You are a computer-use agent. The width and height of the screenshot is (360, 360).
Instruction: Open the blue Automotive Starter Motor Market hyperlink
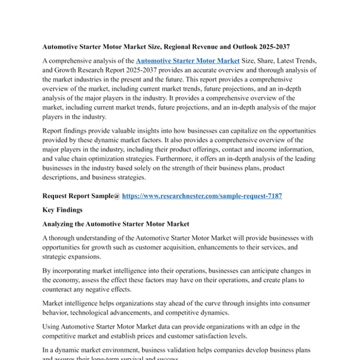188,61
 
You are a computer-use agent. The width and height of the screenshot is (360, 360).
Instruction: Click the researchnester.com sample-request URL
202,196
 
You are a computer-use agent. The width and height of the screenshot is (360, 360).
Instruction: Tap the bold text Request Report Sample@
81,196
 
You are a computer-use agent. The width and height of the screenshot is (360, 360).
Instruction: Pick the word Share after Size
263,61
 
